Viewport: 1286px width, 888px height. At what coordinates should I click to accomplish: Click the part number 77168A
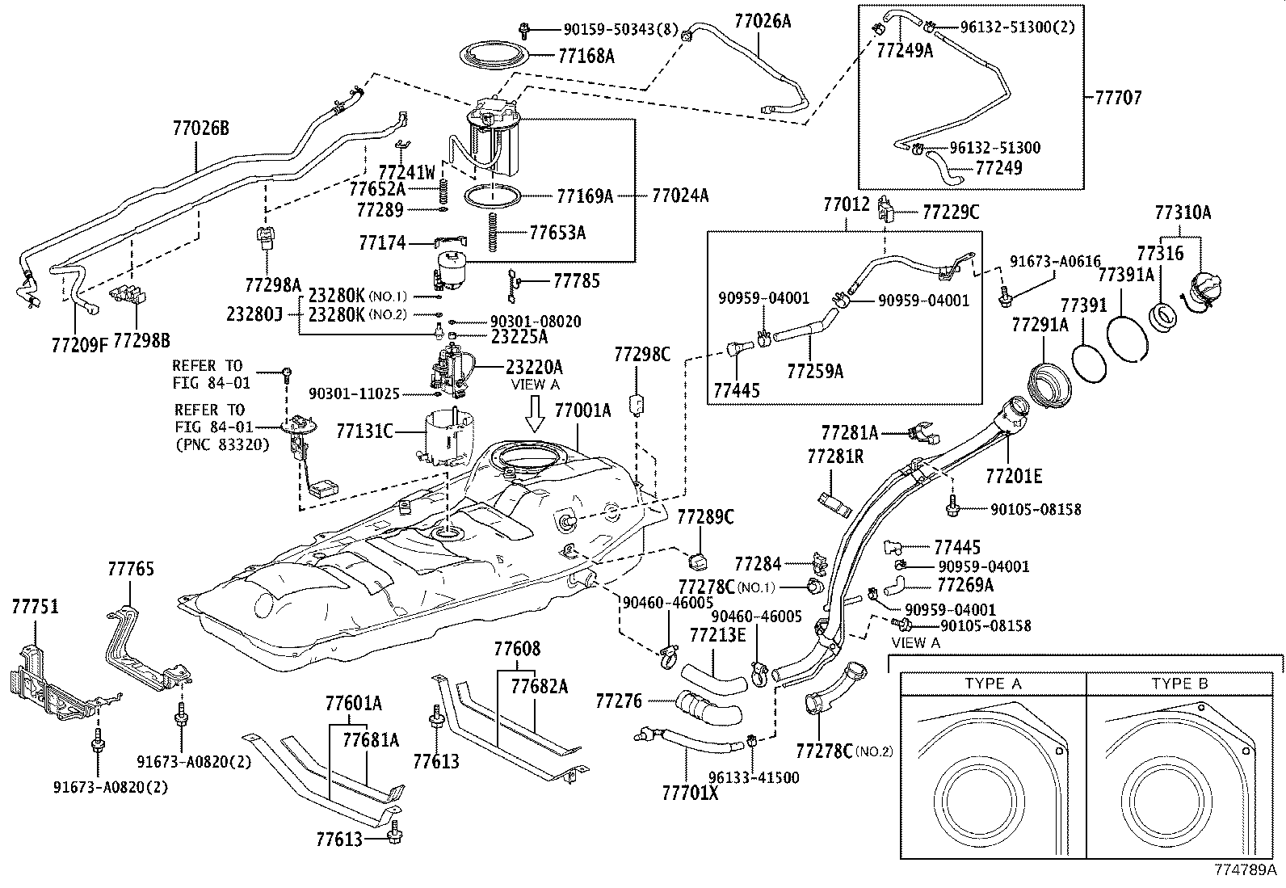pos(586,56)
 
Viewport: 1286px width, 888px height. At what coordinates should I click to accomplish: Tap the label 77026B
pos(200,128)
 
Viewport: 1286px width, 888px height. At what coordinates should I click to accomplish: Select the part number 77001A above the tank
pos(582,410)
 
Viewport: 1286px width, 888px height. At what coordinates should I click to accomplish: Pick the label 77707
pos(1118,98)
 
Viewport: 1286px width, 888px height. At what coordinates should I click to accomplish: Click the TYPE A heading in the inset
pos(993,684)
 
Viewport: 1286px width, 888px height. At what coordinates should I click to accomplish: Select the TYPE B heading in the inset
pos(1179,684)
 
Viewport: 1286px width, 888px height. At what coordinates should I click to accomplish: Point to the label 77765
pos(130,569)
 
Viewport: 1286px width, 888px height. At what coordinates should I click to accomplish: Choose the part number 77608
pos(517,648)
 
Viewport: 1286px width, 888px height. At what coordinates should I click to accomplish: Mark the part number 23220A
pos(534,365)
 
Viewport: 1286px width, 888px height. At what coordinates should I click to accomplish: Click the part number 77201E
pos(1014,476)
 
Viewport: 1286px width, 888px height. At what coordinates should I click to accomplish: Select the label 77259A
pos(815,371)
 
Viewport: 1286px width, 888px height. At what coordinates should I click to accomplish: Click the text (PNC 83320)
pos(221,444)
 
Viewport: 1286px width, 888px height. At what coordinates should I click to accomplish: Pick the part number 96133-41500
pos(754,777)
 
